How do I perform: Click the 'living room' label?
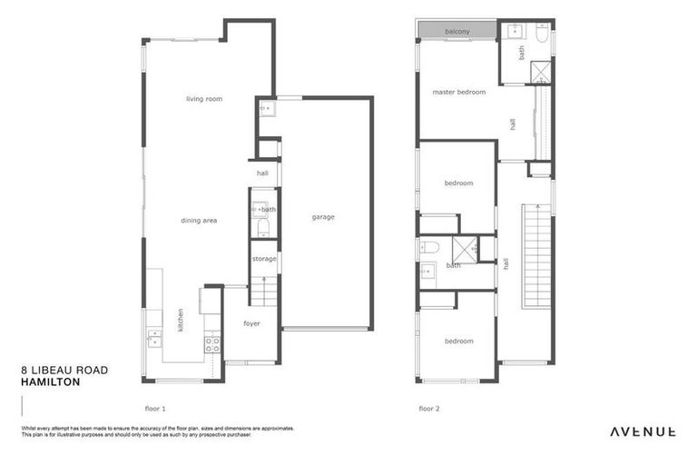tap(204, 99)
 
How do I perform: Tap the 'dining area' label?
tap(198, 220)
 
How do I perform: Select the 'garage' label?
tap(323, 217)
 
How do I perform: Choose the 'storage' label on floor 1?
tap(264, 259)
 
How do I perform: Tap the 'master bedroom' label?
tap(458, 92)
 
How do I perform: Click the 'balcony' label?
tap(457, 32)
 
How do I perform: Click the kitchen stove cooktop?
tap(211, 344)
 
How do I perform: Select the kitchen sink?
tap(155, 340)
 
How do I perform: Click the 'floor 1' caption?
tap(155, 409)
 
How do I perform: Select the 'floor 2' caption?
tap(428, 409)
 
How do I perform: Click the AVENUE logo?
tap(642, 431)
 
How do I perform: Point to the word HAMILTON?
tap(50, 382)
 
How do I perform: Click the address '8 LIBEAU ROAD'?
tap(64, 371)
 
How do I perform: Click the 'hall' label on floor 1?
tap(262, 173)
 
